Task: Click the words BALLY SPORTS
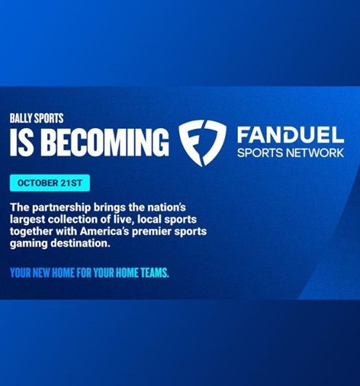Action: (x=36, y=118)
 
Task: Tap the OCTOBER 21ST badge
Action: (x=50, y=183)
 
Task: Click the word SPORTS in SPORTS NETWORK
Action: (x=258, y=154)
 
